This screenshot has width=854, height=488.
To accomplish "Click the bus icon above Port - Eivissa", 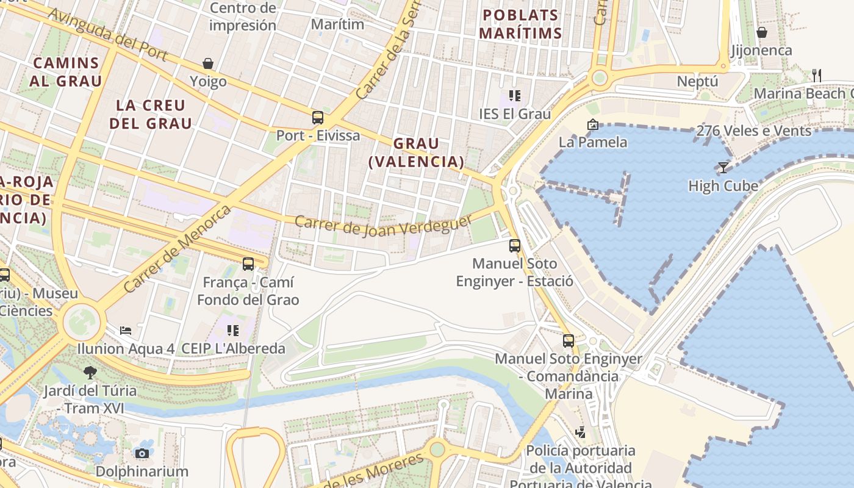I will click(x=317, y=118).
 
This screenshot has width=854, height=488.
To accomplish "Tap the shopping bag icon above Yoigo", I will click(x=208, y=63).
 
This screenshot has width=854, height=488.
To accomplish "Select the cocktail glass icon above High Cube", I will click(x=723, y=167).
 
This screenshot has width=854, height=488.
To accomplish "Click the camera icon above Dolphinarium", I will click(x=142, y=453).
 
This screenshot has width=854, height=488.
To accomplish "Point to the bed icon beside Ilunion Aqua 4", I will click(x=126, y=331).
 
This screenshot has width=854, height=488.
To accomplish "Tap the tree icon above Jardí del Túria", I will click(x=90, y=372).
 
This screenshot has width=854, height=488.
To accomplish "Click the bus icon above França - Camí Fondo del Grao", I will click(x=248, y=264).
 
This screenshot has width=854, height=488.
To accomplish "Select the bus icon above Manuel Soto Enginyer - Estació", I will click(x=515, y=246).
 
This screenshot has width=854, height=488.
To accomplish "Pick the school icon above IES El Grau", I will click(x=515, y=96).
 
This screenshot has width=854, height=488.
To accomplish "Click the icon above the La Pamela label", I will click(x=592, y=124).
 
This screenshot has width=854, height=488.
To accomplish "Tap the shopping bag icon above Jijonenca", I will click(x=761, y=32).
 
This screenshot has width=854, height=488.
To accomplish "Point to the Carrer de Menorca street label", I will click(x=177, y=248).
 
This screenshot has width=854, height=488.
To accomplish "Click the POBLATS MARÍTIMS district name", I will click(x=520, y=24).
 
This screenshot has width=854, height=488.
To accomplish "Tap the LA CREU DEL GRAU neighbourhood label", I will click(x=150, y=114).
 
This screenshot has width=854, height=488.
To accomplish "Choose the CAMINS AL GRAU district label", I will click(x=66, y=71).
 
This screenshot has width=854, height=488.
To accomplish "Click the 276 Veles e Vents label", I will click(x=754, y=131).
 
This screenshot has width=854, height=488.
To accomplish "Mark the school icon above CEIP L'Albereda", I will click(x=232, y=331).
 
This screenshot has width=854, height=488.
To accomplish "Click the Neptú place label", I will click(x=697, y=81).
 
